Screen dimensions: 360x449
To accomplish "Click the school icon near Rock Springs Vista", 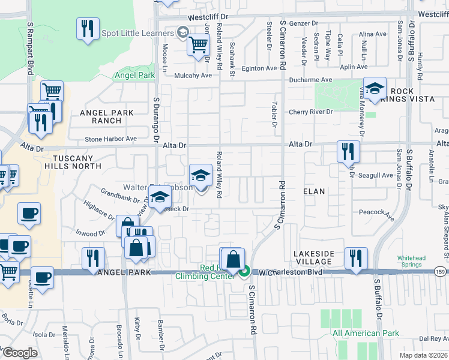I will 374,89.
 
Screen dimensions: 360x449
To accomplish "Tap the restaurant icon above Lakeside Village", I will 355,258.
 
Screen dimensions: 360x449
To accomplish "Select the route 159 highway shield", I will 441,272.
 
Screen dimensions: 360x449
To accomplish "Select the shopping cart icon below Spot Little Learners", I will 198,44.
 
